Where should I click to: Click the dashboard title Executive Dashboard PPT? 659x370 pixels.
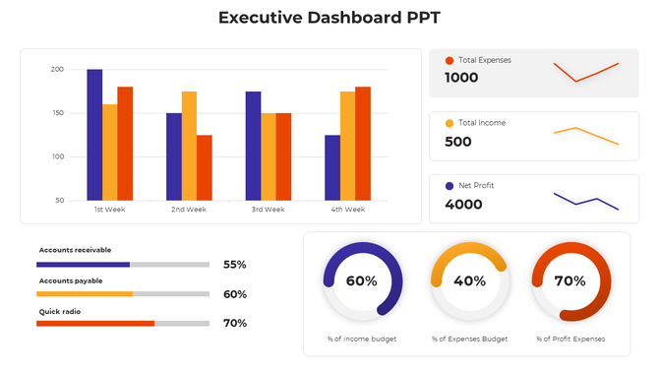[329, 18]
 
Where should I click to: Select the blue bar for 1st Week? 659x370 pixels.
[94, 135]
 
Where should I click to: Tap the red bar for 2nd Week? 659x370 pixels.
[205, 167]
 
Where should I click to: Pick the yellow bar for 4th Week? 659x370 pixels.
[348, 146]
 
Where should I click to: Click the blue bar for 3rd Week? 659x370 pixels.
[253, 146]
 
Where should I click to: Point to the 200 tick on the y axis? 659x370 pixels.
[56, 70]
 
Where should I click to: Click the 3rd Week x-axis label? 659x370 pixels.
[268, 210]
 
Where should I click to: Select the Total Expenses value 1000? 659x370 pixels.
[461, 78]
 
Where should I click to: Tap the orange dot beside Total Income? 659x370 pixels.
[449, 123]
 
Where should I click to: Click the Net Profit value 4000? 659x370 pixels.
[463, 205]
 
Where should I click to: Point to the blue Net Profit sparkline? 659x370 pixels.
[585, 200]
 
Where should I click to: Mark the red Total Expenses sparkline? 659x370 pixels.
[585, 71]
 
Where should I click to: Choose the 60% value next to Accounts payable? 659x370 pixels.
[234, 294]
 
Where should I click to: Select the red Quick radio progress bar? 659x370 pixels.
[95, 323]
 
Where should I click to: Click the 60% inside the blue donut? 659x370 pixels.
[361, 280]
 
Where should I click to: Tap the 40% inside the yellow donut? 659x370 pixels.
[469, 280]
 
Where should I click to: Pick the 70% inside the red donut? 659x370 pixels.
[569, 280]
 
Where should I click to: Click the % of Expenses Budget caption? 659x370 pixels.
[469, 339]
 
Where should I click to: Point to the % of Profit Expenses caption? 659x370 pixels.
[569, 339]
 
